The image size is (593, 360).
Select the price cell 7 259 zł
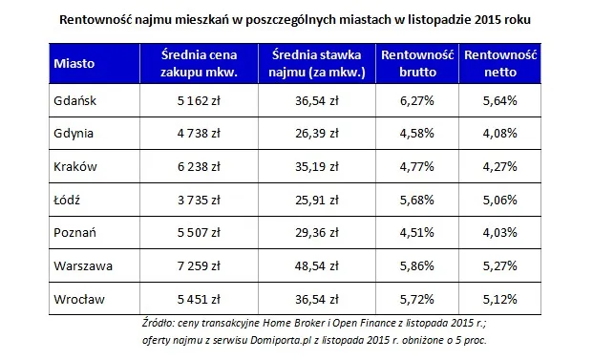pyautogui.click(x=200, y=268)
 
